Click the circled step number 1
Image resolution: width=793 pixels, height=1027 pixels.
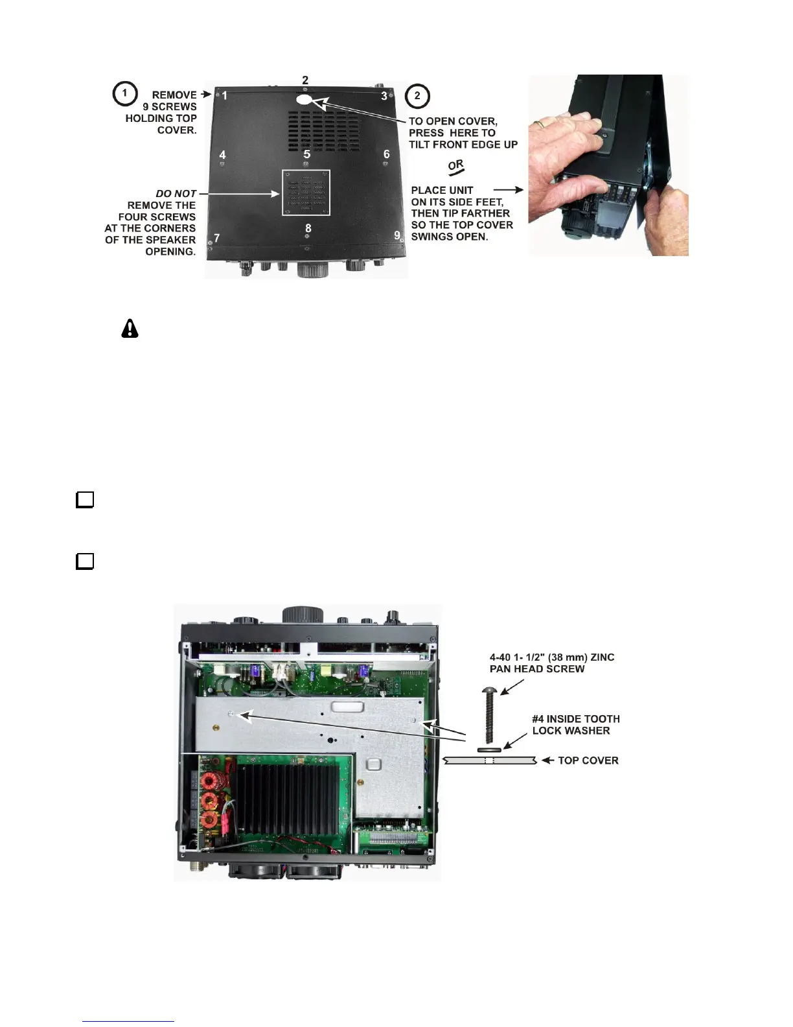[124, 93]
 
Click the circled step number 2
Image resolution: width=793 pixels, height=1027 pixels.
[417, 96]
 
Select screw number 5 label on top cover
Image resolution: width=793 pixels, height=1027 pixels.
[307, 154]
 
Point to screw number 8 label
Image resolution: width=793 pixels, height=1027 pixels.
[308, 228]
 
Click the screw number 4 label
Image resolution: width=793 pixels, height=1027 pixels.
[223, 155]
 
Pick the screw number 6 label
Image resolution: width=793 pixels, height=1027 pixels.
[387, 154]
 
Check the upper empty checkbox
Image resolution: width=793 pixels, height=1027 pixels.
[85, 500]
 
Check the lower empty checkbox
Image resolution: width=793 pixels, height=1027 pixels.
[85, 561]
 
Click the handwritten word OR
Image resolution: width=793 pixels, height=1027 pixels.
[456, 167]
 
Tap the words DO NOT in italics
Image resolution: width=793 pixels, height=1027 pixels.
[176, 194]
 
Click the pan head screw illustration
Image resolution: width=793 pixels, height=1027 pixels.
[490, 713]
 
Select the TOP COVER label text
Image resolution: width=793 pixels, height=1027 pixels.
[588, 761]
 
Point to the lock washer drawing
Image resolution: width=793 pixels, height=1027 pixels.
[489, 750]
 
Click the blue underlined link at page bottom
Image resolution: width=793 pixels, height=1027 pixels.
[128, 1021]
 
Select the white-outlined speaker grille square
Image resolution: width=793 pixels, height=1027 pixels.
[306, 193]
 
